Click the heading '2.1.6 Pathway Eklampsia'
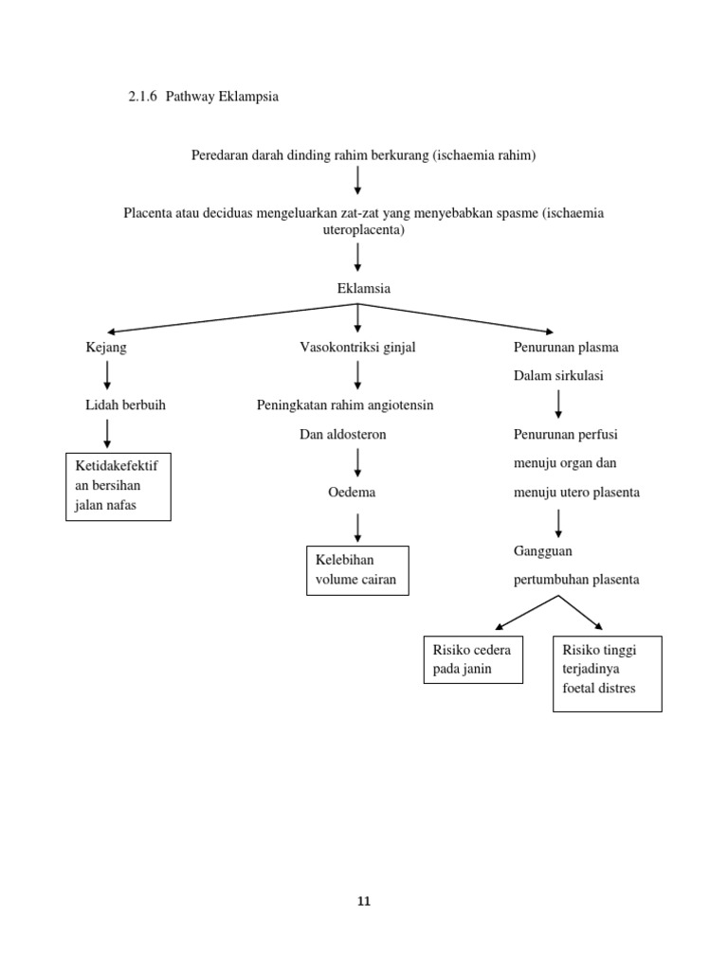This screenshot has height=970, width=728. click(203, 97)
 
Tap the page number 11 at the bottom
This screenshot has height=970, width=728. click(364, 901)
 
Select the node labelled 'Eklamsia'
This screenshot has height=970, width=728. click(363, 288)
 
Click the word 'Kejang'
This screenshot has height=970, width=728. click(106, 348)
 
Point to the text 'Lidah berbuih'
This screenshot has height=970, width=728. click(125, 405)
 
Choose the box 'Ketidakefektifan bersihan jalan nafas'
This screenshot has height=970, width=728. click(118, 486)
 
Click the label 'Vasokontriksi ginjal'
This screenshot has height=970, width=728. click(357, 348)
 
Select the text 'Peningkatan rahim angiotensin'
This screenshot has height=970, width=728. click(345, 405)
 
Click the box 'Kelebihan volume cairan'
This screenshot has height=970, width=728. click(357, 570)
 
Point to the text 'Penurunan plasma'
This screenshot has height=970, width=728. click(566, 348)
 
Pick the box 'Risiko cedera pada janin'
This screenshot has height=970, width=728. click(472, 659)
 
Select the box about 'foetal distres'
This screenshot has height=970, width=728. click(607, 673)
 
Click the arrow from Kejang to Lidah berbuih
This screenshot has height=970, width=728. click(107, 375)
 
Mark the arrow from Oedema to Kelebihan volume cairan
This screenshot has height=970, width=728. click(357, 527)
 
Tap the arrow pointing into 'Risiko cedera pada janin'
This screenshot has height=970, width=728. click(526, 613)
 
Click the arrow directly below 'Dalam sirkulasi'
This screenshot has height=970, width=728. click(558, 404)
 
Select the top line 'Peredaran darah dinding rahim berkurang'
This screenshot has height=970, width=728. click(363, 155)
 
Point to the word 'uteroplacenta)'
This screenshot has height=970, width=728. click(363, 230)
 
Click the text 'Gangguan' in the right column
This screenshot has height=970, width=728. click(543, 550)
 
